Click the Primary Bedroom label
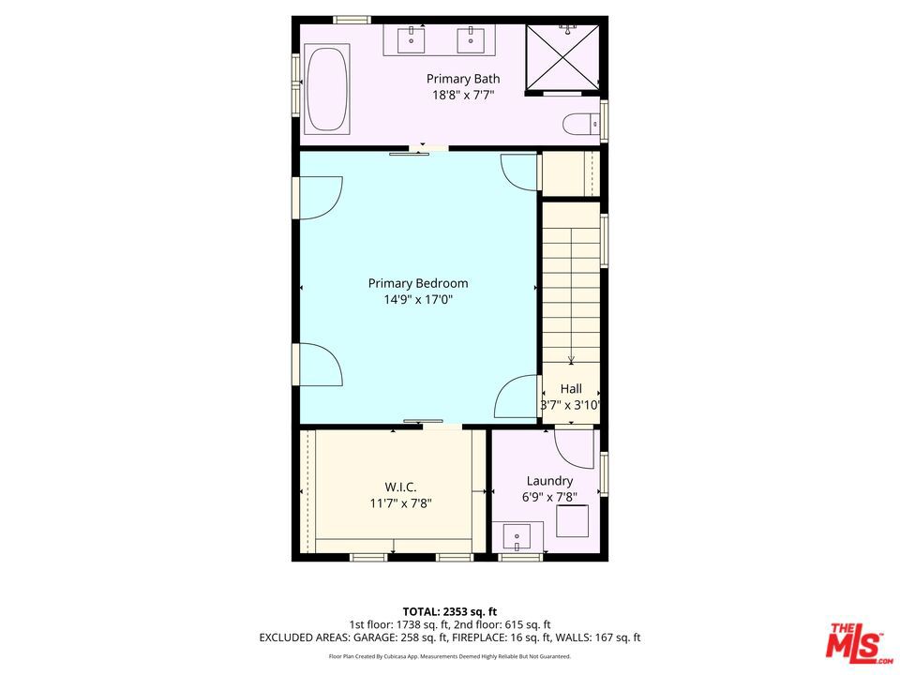pos(418,283)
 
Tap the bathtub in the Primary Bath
pos(328,89)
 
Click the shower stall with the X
pos(562,57)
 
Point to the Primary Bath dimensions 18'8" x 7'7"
pos(463,95)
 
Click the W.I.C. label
pos(400,487)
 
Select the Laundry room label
pos(549,481)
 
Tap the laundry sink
pos(517,537)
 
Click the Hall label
pos(571,388)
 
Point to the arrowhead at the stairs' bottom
pos(571,360)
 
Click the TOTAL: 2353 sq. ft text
pos(449,612)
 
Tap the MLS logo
pos(859,640)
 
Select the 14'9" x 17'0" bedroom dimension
pos(418,300)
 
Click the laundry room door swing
pos(575,449)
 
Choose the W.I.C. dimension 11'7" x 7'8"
pos(400,504)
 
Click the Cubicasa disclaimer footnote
pos(449,656)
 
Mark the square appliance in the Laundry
pos(572,521)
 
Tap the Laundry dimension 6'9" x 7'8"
pos(549,498)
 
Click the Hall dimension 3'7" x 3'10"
pos(571,405)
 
